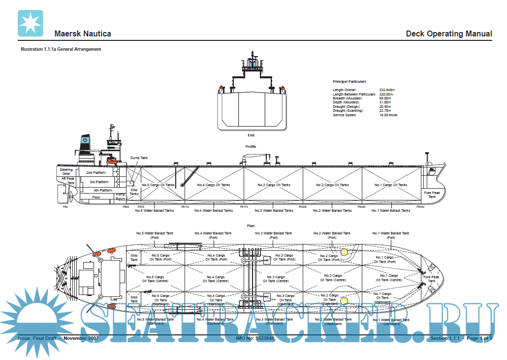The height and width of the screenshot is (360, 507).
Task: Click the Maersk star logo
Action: (x=30, y=23)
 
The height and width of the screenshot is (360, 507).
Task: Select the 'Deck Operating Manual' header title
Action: (x=448, y=34)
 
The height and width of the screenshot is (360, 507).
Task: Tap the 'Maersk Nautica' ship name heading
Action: (x=82, y=34)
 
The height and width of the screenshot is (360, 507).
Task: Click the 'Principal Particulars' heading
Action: (x=349, y=81)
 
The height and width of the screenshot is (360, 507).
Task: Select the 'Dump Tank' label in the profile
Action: (x=139, y=158)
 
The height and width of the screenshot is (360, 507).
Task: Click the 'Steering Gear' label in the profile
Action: (x=66, y=172)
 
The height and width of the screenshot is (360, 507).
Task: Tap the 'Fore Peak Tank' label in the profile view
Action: (x=432, y=195)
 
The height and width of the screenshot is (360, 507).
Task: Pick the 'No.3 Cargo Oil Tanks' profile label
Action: (x=274, y=185)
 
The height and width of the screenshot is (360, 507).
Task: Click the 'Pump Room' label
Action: (x=121, y=197)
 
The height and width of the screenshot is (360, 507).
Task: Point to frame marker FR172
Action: (x=244, y=207)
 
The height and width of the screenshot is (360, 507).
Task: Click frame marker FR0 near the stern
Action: (x=65, y=207)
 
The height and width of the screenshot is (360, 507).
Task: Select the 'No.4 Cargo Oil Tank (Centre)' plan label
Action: (x=216, y=279)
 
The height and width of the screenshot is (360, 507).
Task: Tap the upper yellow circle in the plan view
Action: (x=344, y=252)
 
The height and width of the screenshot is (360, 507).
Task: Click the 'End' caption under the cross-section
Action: (x=251, y=135)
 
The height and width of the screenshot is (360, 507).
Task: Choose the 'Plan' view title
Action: (x=251, y=226)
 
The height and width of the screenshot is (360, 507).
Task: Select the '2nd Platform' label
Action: (x=96, y=173)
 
